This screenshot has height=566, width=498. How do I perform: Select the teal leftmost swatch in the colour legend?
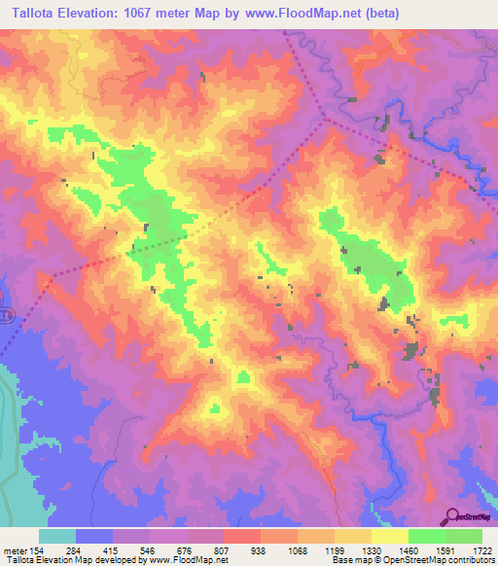pyautogui.click(x=57, y=535)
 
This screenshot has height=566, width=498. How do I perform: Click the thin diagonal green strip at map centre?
pyautogui.click(x=265, y=259)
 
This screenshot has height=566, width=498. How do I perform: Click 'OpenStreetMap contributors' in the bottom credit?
pyautogui.click(x=449, y=560)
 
